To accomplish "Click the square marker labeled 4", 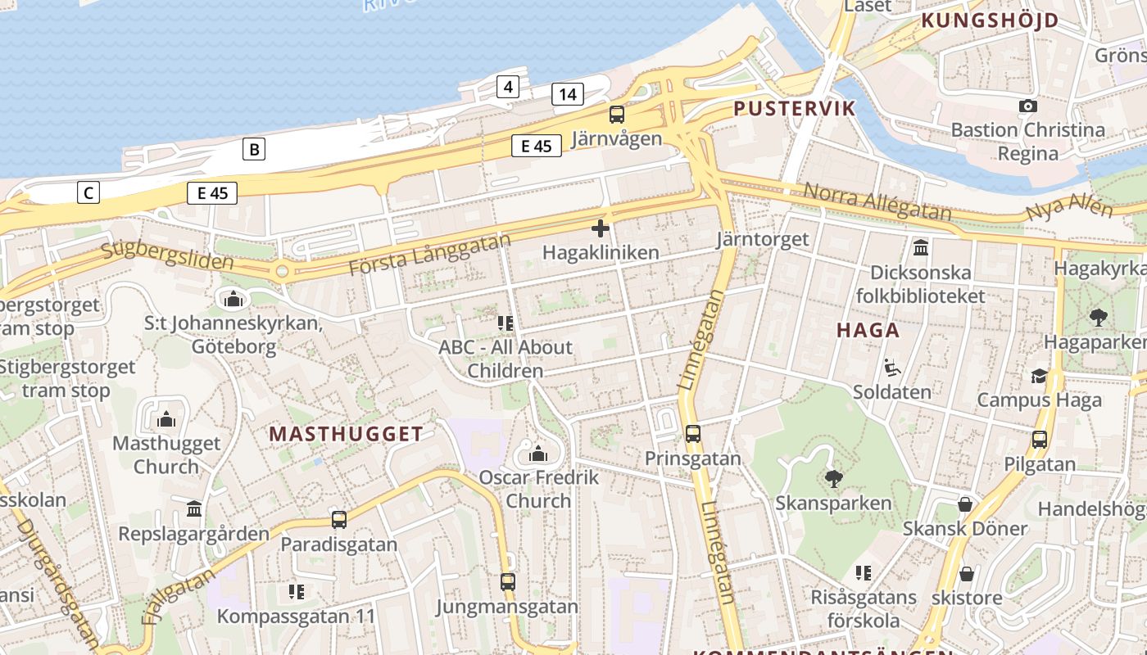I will point(508,86).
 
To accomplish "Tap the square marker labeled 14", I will point(568,94).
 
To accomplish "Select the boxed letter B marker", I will point(254,149).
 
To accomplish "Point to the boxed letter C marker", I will point(88,193).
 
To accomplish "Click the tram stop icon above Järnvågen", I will point(617,115).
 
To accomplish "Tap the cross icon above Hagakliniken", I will point(601,228).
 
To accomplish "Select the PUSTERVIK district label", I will point(794,108).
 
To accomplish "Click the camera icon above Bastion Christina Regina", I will point(1027,106).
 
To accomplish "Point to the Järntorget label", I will point(762,239).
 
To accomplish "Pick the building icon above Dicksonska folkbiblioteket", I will point(920,247).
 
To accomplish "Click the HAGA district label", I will point(868,330).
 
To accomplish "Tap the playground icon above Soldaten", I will point(891,368).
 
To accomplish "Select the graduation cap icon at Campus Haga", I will point(1039,376).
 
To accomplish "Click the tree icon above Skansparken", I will point(834,477).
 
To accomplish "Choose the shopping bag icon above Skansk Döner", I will point(965,504).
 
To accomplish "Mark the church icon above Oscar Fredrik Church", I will point(538,453).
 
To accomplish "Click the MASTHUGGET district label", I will point(346,434).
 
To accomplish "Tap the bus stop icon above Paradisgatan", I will point(338,519).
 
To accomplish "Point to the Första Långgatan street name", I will point(428,255).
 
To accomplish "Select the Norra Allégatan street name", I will point(877,201).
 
